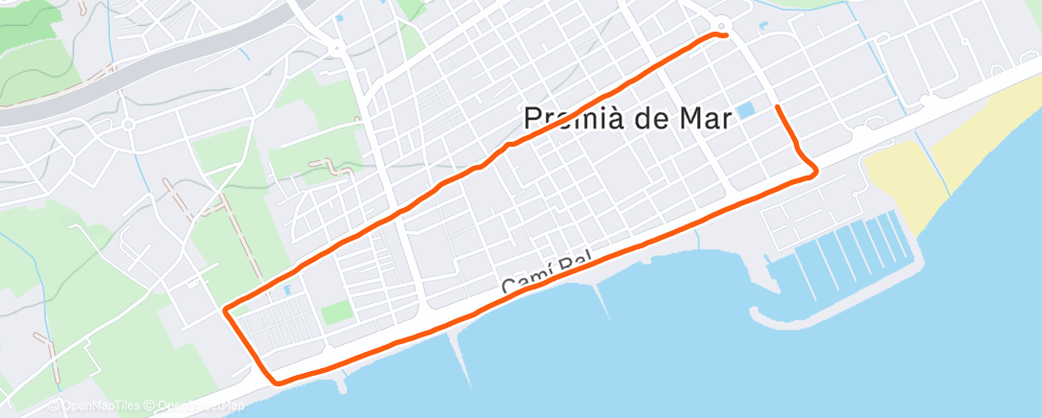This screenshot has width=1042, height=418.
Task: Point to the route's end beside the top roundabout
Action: pos(726,35)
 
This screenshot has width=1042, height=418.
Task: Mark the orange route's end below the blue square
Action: pos(776,107)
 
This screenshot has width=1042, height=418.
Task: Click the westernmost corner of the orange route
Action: pos(225,310)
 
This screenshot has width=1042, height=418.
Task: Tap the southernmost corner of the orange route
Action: pos(278,383)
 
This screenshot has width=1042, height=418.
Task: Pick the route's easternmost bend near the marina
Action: pos(815,173)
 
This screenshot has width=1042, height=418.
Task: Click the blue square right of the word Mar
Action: pos(747,110)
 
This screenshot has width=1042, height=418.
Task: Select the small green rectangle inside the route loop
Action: pos(336,313)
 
